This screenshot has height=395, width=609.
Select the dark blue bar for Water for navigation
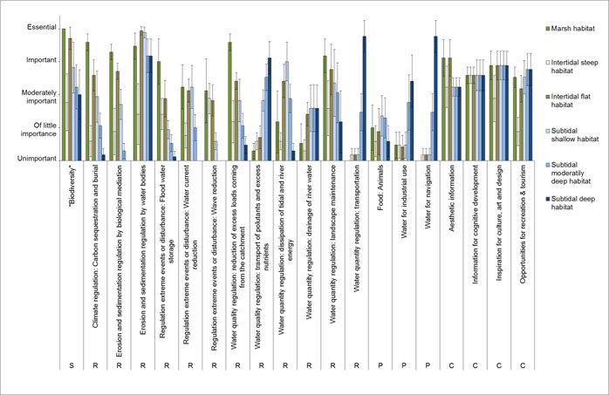tap(435, 98)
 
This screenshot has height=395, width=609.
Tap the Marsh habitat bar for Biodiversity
tap(64, 83)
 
